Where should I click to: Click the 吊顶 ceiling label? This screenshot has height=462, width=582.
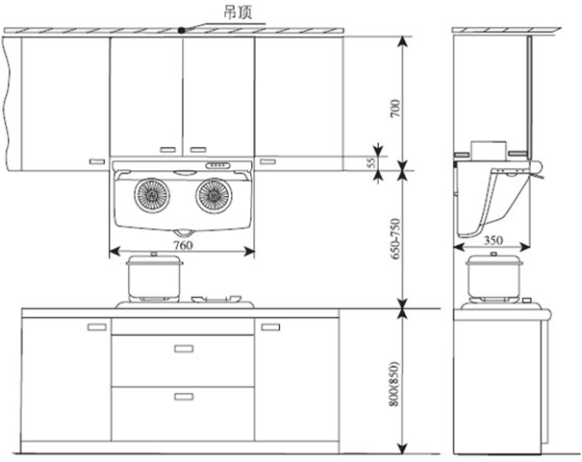(x=238, y=12)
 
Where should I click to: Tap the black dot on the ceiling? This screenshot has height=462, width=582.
(x=181, y=31)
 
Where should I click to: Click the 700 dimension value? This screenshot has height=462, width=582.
(x=395, y=109)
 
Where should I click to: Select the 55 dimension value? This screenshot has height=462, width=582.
(x=371, y=163)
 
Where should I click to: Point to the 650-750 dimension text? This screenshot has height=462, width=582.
(x=395, y=238)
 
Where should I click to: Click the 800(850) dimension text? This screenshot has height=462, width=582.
(x=395, y=384)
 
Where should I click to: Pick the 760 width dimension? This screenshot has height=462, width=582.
(x=183, y=245)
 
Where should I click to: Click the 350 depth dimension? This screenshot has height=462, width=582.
(x=493, y=240)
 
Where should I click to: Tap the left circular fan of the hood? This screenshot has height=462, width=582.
(x=152, y=195)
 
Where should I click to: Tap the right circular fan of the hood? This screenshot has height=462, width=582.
(x=214, y=195)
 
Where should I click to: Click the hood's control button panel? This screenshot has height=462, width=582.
(x=217, y=165)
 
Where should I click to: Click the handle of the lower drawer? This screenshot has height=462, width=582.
(x=184, y=397)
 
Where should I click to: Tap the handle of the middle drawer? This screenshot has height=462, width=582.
(x=184, y=349)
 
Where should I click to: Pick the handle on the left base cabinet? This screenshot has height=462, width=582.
(x=97, y=328)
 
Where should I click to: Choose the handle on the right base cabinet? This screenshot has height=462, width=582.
(x=270, y=328)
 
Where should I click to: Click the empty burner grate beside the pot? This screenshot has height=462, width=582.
(x=216, y=299)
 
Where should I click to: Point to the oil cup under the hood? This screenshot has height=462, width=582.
(x=184, y=232)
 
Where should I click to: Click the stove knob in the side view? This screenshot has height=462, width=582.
(x=526, y=301)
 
